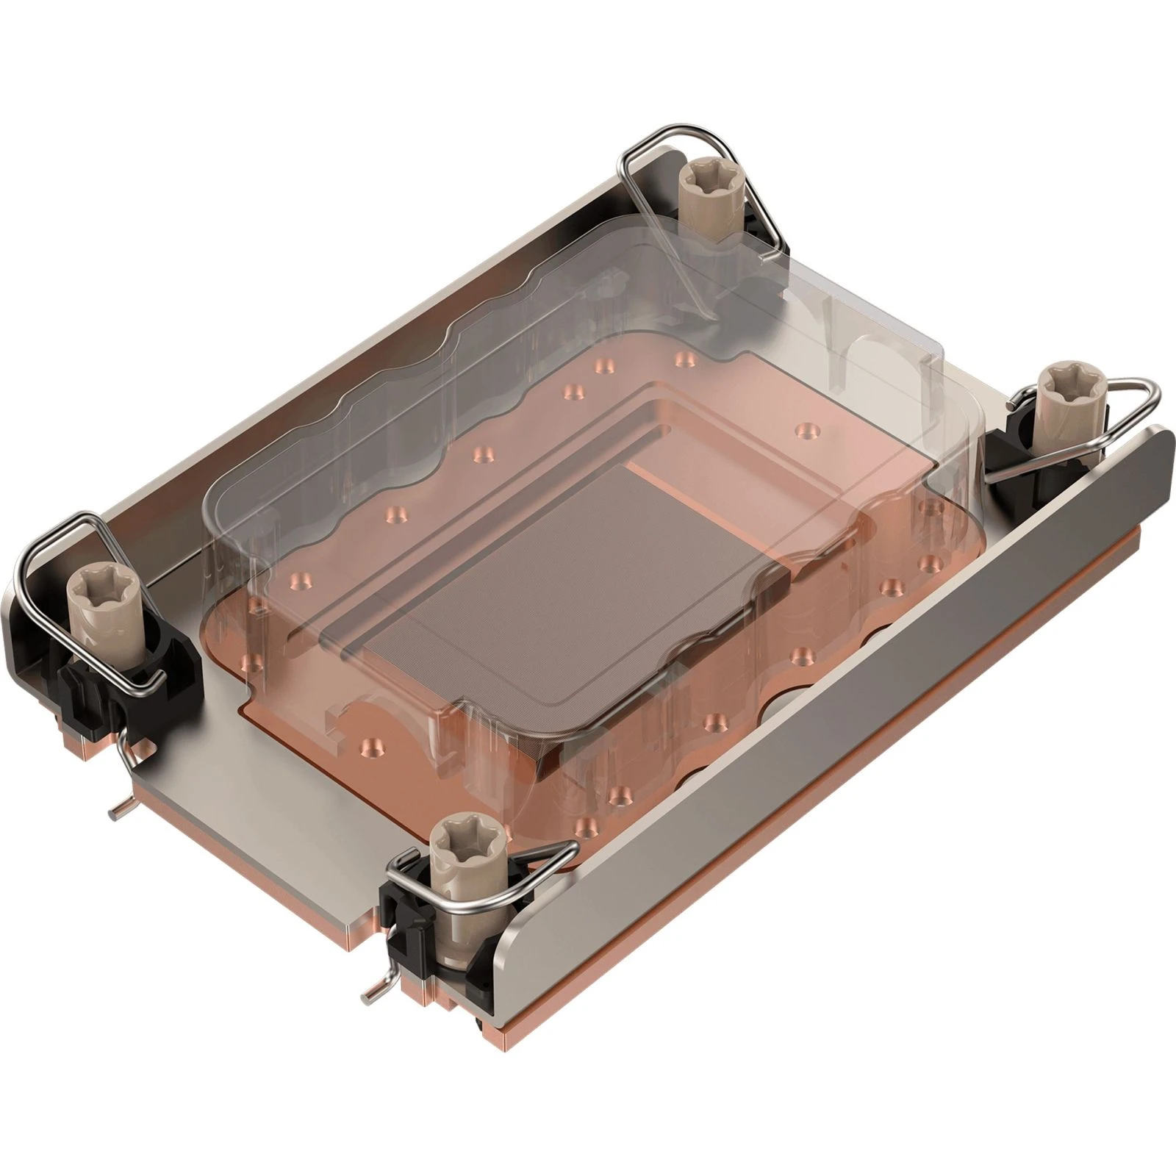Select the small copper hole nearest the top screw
[x=684, y=359]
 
